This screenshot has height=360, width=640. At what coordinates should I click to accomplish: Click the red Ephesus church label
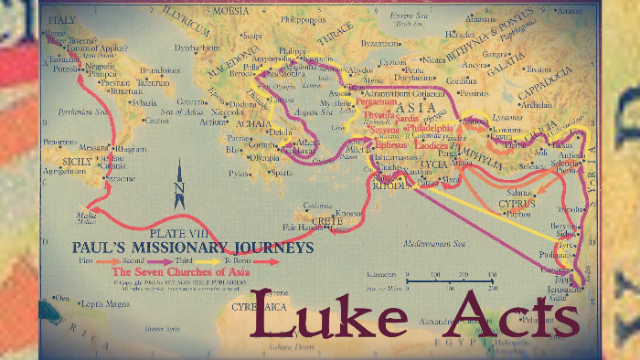click(x=390, y=144)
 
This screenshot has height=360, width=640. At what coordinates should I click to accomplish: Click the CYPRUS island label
click(x=518, y=203)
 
